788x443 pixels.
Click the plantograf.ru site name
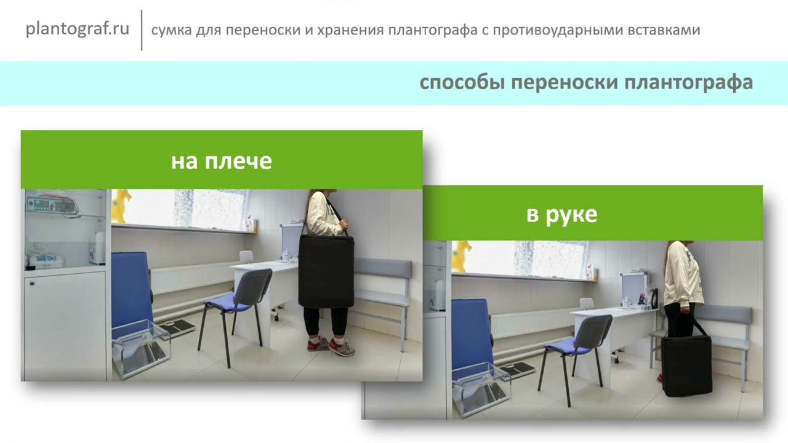pyautogui.click(x=77, y=30)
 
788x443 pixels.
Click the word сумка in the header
pyautogui.click(x=170, y=30)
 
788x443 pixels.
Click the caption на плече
pyautogui.click(x=221, y=161)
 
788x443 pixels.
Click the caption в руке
pyautogui.click(x=561, y=215)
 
